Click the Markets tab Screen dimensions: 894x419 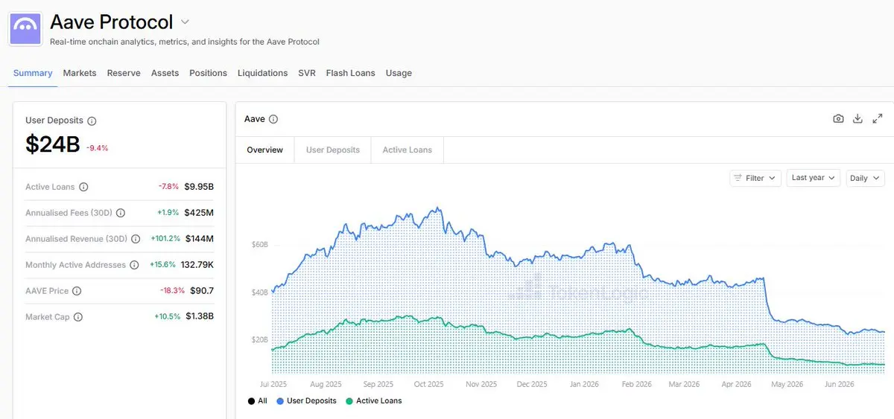[x=80, y=73]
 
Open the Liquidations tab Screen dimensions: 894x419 [x=262, y=73]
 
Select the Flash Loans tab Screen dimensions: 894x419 [x=350, y=73]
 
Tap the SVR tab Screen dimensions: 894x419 [x=306, y=73]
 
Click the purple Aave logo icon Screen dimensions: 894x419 [x=25, y=29]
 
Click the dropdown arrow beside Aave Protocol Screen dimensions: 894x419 [x=185, y=22]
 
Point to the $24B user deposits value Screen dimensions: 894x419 [x=53, y=144]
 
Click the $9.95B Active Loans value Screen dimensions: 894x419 [x=199, y=187]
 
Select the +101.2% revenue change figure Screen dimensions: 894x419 [x=165, y=238]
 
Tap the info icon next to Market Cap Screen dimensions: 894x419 [x=78, y=317]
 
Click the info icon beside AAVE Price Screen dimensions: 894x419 [x=77, y=291]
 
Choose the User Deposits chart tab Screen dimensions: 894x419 [x=333, y=150]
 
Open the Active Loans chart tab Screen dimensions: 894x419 [x=407, y=150]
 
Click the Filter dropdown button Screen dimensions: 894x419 [x=755, y=178]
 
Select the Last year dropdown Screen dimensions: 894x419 [x=813, y=178]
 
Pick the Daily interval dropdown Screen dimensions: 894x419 [x=865, y=178]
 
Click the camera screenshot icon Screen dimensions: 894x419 [x=838, y=119]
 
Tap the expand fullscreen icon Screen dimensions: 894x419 [x=878, y=119]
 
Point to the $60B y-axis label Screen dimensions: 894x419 [x=260, y=244]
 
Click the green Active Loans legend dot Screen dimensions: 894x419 [x=349, y=401]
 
